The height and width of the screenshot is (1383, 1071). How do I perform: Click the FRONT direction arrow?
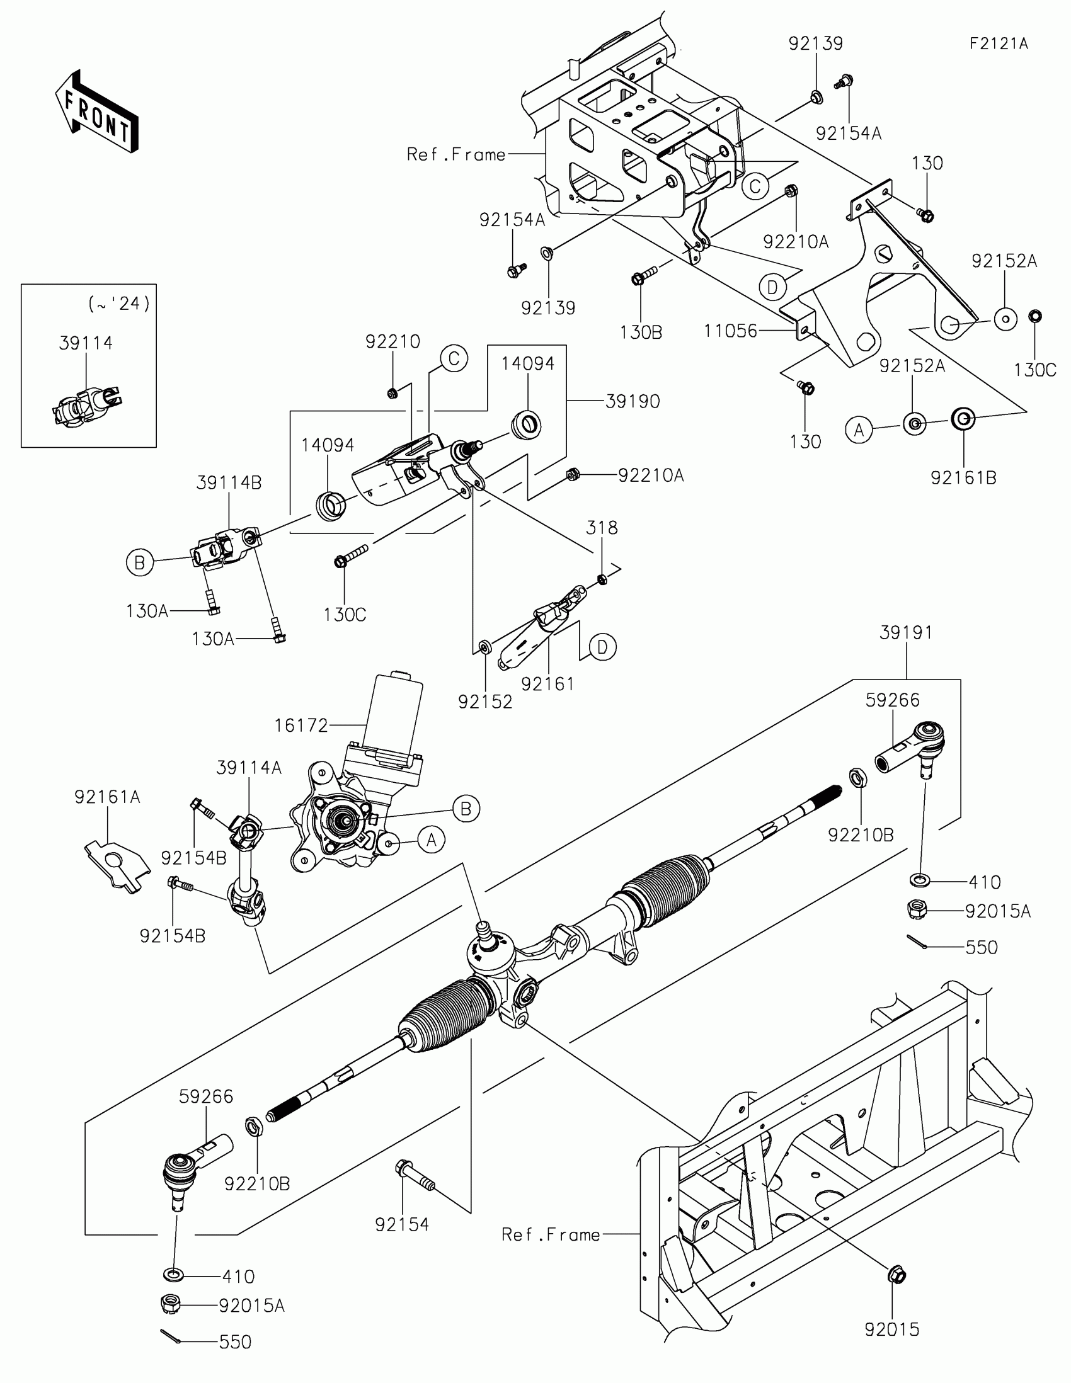pos(96,112)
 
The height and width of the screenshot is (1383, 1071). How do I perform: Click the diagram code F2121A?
pos(998,43)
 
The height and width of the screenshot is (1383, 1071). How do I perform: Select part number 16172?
pos(301,725)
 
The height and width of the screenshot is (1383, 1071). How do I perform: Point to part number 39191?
pos(906,632)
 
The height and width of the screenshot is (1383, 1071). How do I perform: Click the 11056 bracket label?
pos(730,331)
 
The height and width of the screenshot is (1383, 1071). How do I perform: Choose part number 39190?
pos(632,401)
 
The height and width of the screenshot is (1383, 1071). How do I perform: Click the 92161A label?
pos(107,797)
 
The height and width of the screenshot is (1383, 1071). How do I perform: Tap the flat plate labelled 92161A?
pos(117,862)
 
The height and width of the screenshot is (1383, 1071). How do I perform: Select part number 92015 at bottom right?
pos(891,1330)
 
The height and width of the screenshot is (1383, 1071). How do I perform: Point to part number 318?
pos(601,528)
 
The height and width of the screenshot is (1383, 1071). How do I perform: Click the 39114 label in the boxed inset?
pos(86,343)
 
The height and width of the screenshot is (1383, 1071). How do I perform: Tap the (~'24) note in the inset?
pos(119,304)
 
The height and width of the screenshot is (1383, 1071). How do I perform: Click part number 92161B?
pos(963,477)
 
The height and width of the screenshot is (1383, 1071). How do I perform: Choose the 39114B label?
pos(229,482)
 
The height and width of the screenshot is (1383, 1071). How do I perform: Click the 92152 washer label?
pos(484,702)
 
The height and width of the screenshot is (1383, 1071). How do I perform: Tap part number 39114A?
pos(248,768)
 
